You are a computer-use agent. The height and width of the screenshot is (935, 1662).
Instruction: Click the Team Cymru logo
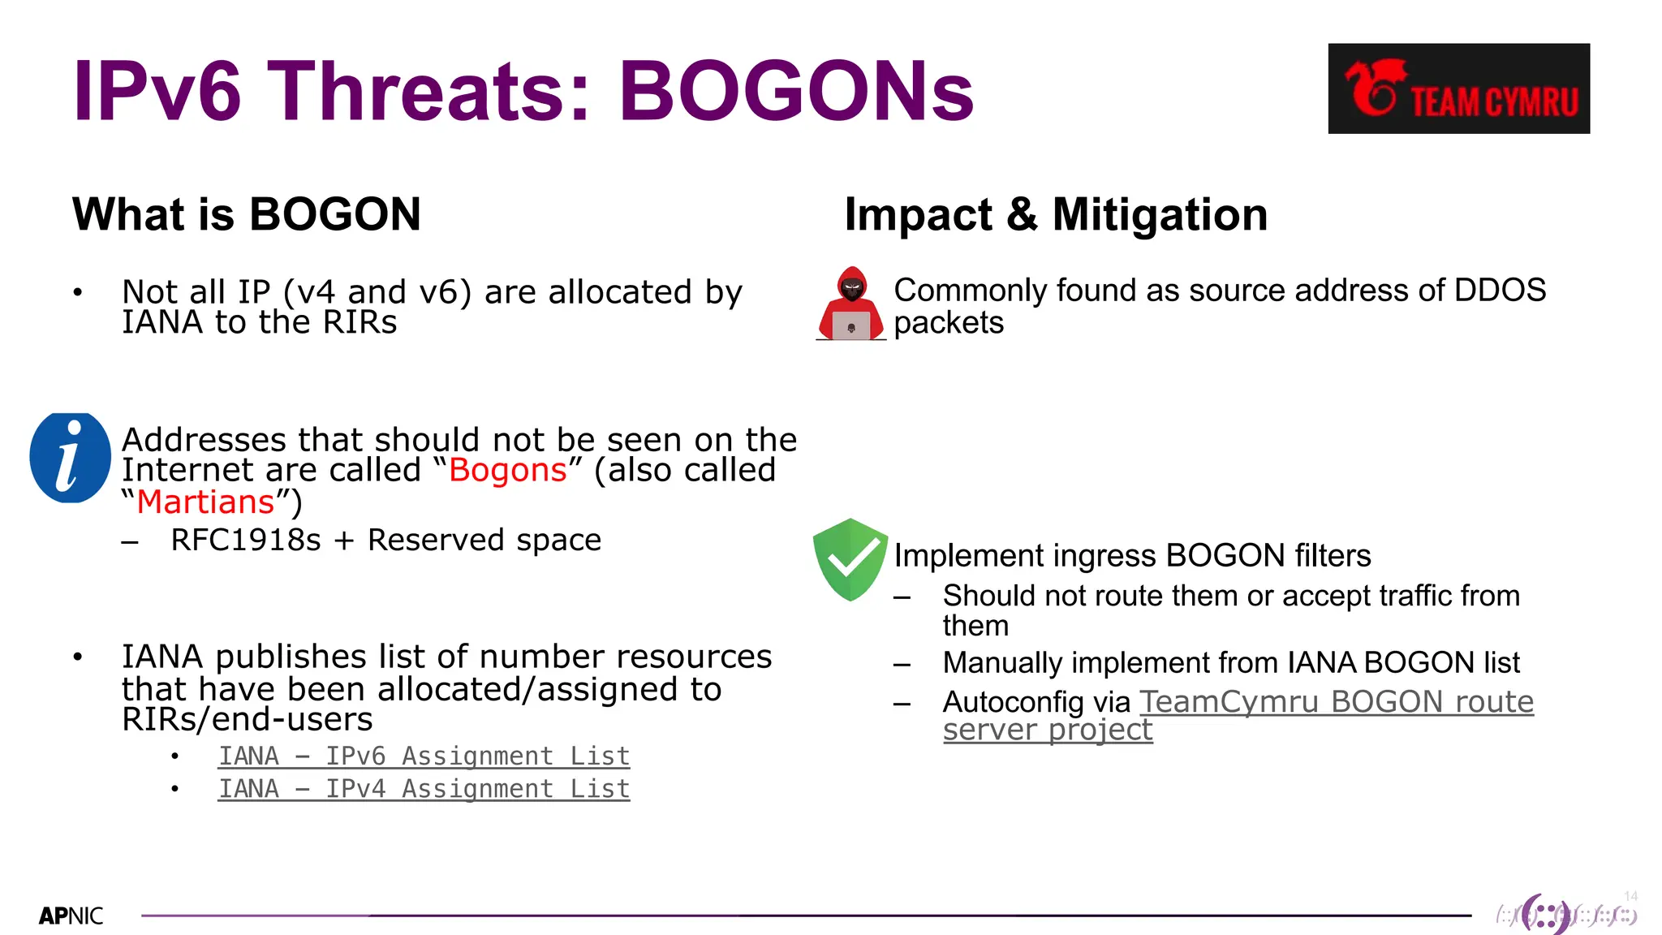point(1458,88)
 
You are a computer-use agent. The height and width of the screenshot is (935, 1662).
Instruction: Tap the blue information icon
point(70,458)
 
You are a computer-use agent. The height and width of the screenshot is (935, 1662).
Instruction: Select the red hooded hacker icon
point(851,304)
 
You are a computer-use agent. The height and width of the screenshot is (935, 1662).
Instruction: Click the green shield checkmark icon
point(850,559)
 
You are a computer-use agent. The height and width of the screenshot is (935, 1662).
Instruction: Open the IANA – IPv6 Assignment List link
point(424,756)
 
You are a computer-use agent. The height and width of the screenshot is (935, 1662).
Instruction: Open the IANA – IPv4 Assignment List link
point(424,789)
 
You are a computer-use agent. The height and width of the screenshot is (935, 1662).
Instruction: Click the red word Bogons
point(507,471)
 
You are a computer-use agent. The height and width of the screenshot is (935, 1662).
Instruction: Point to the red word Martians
point(205,502)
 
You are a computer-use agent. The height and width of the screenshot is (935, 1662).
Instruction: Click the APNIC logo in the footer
point(71,916)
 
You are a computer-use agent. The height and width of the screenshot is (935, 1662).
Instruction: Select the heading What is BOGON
point(247,214)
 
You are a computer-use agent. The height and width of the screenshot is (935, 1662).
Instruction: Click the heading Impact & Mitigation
point(1056,214)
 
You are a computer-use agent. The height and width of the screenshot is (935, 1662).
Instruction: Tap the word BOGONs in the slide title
point(795,91)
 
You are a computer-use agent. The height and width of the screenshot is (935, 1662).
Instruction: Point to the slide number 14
point(1630,896)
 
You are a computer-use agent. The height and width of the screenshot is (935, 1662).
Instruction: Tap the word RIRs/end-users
point(247,720)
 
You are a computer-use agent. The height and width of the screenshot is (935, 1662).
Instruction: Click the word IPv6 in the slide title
point(157,91)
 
